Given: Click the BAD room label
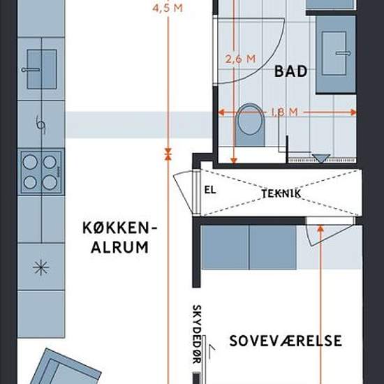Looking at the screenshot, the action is coord(290,71).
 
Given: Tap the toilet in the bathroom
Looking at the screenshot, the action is coord(250,125).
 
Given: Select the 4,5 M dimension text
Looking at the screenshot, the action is coord(168,8).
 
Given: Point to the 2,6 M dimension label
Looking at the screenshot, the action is coord(240,59).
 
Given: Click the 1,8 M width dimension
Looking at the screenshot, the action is coord(284,112).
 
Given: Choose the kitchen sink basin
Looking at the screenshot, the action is coord(42,69).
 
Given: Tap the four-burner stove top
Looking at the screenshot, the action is coord(41,172).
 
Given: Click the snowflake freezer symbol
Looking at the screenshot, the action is coord(41,267).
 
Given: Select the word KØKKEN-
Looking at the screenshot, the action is coord(119,228).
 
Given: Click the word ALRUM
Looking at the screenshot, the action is coord(120,247).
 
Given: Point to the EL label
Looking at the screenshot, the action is coord(210,190).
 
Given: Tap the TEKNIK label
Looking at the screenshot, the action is coord(281,193).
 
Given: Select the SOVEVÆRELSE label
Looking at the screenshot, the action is coord(286,341).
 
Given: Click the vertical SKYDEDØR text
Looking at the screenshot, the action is coord(197,334).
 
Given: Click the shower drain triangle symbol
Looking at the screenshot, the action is coord(321,158).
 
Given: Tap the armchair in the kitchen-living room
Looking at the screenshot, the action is coord(65,367).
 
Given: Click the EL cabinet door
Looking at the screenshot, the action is coord(183,191).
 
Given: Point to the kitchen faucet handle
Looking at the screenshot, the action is coord(31,70).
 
